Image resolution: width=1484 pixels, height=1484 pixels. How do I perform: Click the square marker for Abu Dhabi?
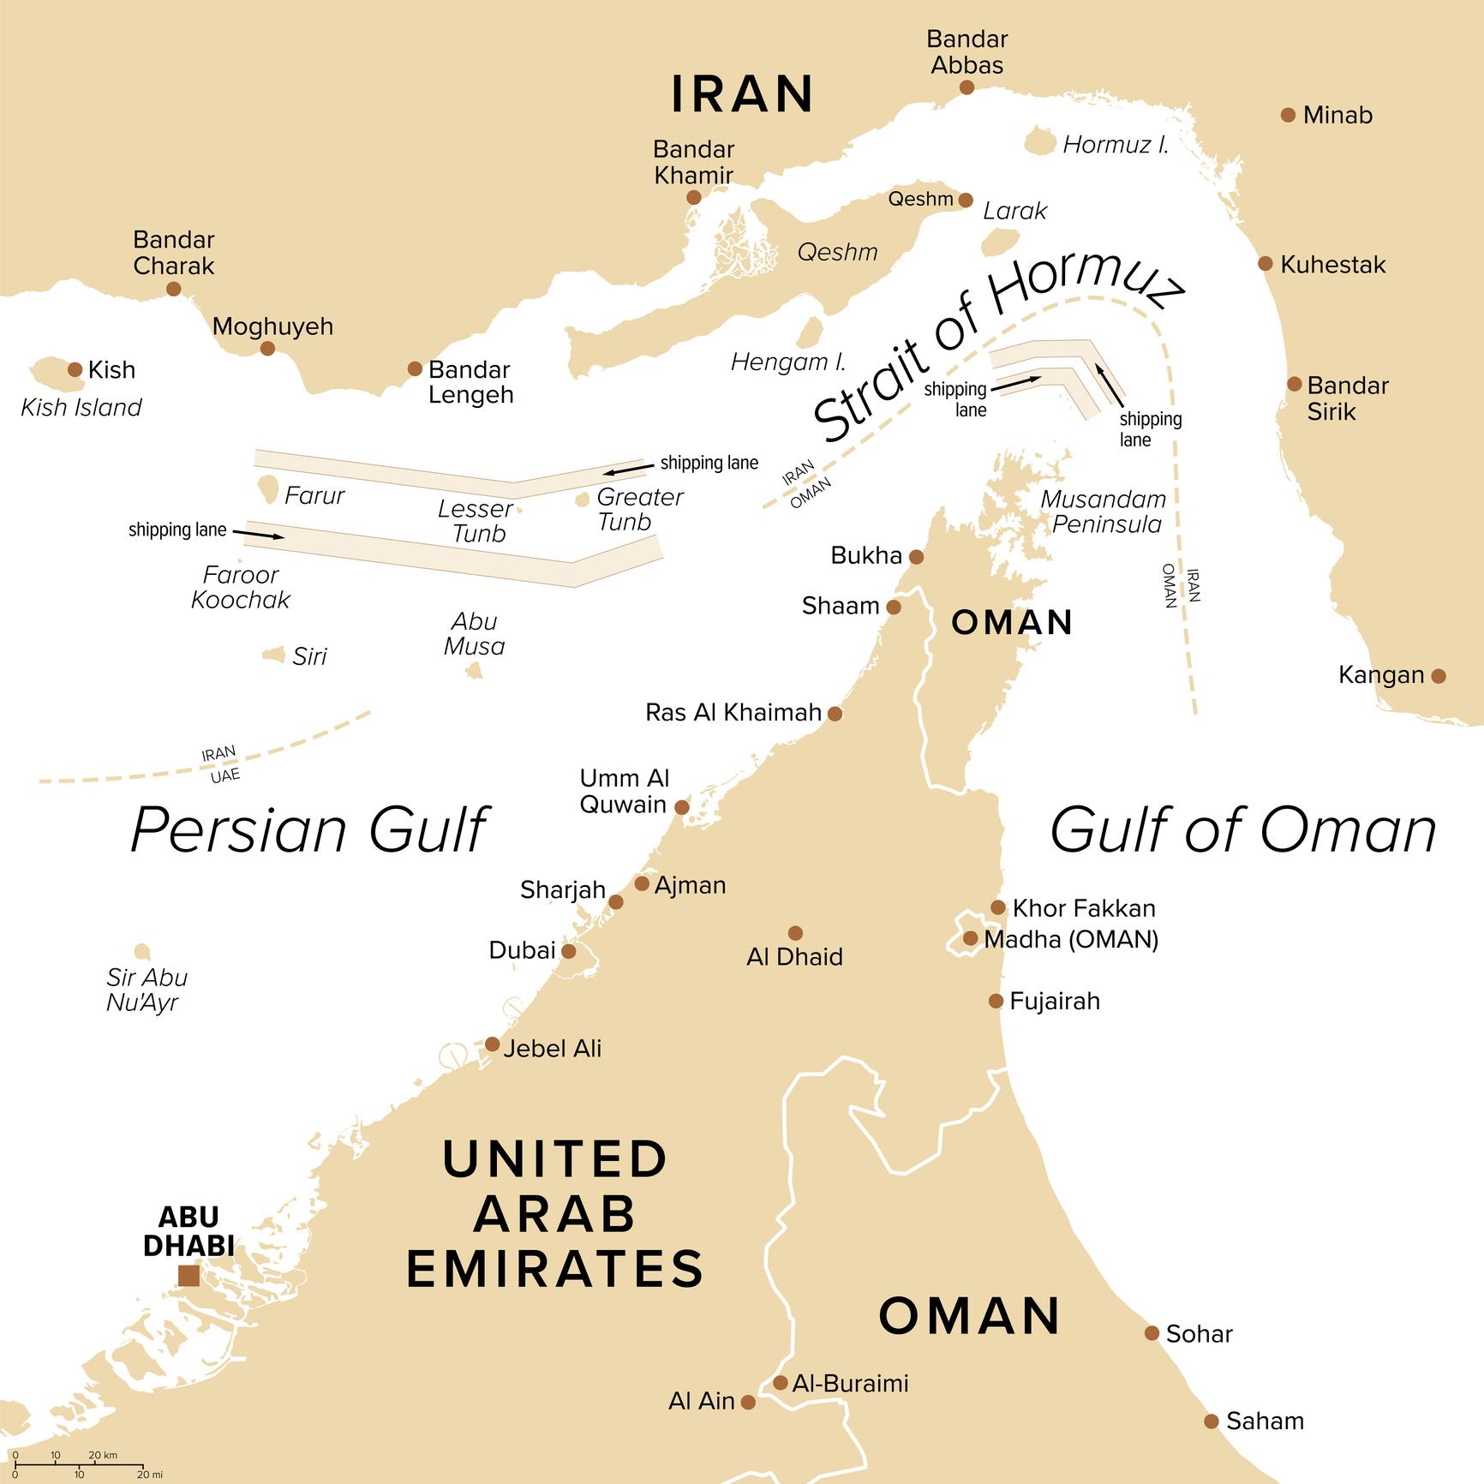[x=188, y=1276]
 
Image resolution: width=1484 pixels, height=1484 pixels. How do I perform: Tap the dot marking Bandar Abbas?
[x=966, y=87]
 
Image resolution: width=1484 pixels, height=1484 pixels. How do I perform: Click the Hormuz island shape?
[x=1040, y=141]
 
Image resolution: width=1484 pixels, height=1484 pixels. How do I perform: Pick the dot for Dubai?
[x=568, y=951]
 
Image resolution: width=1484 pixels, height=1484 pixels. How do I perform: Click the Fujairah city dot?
[x=996, y=1001]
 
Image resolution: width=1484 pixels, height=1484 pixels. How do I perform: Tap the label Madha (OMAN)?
[x=1071, y=939]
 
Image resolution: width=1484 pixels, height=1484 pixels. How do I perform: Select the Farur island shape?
[x=267, y=490]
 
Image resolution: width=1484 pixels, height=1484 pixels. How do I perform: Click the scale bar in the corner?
[x=77, y=1468]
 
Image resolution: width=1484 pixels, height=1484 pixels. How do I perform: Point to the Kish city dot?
[x=75, y=369]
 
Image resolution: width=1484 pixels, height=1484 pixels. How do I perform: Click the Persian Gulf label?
[x=308, y=829]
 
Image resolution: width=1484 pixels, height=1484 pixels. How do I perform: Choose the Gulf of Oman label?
[x=1242, y=829]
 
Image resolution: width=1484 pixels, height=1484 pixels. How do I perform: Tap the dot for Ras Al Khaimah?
[x=835, y=713]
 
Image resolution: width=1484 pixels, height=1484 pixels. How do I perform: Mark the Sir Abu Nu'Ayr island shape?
[x=142, y=952]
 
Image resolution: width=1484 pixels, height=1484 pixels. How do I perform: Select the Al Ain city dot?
[x=748, y=1402]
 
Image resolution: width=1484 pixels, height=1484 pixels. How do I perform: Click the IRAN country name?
[x=742, y=94]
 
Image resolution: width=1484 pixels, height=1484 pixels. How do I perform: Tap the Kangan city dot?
[x=1439, y=675]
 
